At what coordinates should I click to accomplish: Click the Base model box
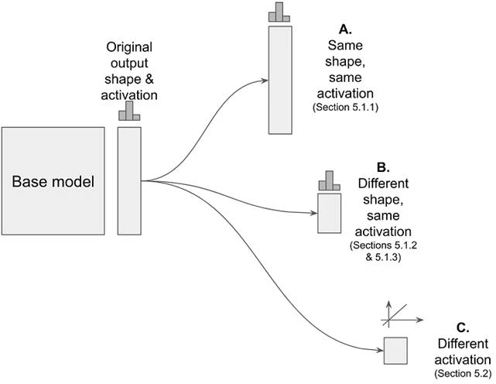pyautogui.click(x=53, y=181)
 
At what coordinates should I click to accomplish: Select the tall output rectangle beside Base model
pyautogui.click(x=129, y=181)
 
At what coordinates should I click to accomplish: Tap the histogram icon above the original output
pyautogui.click(x=129, y=111)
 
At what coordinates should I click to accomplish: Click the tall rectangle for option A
pyautogui.click(x=280, y=80)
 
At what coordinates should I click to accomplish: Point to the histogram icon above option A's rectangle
pyautogui.click(x=279, y=12)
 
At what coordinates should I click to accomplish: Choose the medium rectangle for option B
pyautogui.click(x=330, y=214)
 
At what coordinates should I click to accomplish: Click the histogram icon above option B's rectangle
pyautogui.click(x=330, y=180)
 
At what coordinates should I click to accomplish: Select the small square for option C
pyautogui.click(x=395, y=351)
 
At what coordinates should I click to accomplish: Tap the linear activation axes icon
pyautogui.click(x=402, y=314)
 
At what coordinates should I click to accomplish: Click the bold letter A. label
pyautogui.click(x=345, y=29)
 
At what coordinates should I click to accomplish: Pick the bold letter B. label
pyautogui.click(x=383, y=167)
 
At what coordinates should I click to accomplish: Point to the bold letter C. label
pyautogui.click(x=463, y=327)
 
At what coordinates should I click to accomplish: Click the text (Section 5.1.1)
pyautogui.click(x=345, y=107)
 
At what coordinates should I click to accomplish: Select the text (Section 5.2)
pyautogui.click(x=463, y=373)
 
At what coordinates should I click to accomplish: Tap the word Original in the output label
pyautogui.click(x=129, y=47)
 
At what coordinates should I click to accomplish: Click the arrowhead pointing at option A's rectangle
pyautogui.click(x=265, y=81)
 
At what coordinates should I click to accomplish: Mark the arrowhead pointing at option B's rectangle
pyautogui.click(x=314, y=213)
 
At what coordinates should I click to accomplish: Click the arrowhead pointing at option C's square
pyautogui.click(x=380, y=350)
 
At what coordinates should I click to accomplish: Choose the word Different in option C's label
pyautogui.click(x=463, y=344)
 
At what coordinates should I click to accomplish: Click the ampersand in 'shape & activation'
pyautogui.click(x=149, y=79)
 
